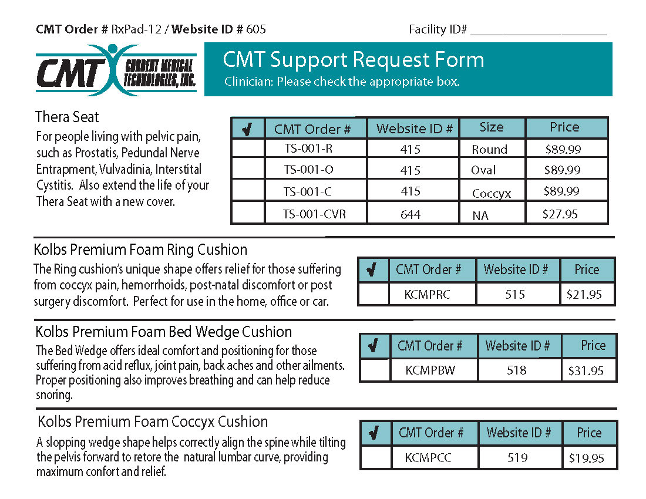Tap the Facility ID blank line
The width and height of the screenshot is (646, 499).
(538, 31)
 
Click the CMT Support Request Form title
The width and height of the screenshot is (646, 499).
(354, 60)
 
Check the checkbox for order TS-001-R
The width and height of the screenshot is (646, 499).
(248, 148)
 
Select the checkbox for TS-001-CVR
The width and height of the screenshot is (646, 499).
(248, 213)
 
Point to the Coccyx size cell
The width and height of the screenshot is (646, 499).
(492, 193)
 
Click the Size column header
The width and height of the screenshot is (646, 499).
(492, 127)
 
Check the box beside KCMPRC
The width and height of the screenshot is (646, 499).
(374, 294)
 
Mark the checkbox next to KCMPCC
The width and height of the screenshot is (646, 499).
(376, 457)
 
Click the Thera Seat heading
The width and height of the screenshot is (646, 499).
(67, 117)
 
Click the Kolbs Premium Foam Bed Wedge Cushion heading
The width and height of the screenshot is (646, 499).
(163, 332)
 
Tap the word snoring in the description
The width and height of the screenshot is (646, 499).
(54, 395)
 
